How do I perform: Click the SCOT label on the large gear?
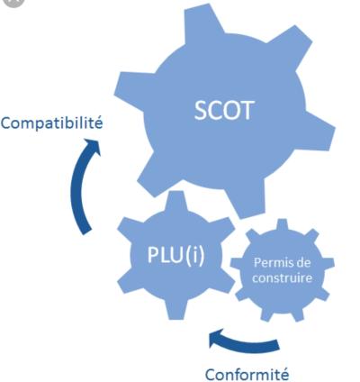[224, 111]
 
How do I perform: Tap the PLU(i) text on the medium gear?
[175, 255]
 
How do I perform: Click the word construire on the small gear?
[282, 277]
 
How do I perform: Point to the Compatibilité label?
[51, 123]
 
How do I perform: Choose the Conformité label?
[247, 375]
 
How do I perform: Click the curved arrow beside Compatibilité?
[78, 186]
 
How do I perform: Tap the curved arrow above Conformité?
[244, 343]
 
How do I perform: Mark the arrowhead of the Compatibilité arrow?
[92, 147]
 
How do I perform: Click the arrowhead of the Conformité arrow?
[217, 338]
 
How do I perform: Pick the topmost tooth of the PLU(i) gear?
[175, 201]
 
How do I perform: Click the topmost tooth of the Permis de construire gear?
[282, 224]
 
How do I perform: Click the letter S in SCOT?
[201, 111]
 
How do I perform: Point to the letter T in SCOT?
[247, 111]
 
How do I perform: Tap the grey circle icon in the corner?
[13, 3]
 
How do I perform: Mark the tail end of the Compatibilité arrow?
[86, 231]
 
